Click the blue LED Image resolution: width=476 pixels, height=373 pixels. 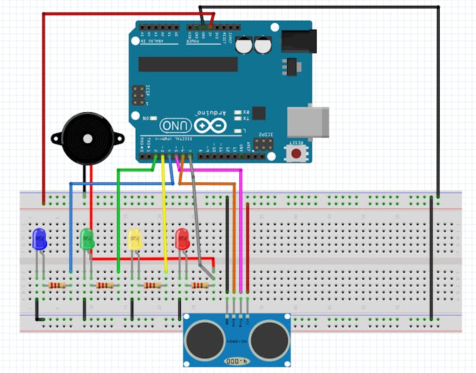(39, 239)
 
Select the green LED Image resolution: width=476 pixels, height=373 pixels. (87, 239)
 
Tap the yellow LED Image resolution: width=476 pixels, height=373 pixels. (134, 239)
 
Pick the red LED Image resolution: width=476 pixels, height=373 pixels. (182, 239)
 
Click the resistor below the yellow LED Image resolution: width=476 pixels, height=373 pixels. (153, 286)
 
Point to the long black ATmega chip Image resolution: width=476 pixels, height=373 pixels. (188, 64)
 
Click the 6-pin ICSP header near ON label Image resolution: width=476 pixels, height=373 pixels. (137, 95)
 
